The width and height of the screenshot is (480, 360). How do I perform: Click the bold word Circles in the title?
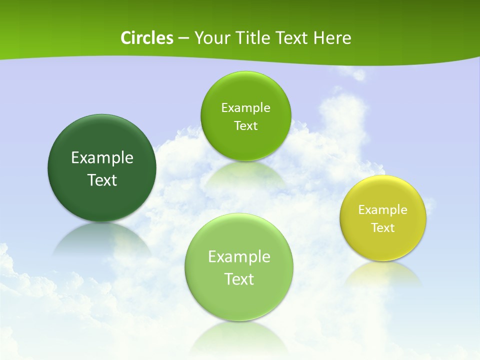coord(146,38)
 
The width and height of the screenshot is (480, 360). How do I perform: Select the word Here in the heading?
coord(332,38)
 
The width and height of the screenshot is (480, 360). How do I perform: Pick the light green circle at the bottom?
coord(239,300)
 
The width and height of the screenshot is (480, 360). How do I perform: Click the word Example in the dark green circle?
coord(102,158)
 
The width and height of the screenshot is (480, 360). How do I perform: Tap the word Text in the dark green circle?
coord(102,180)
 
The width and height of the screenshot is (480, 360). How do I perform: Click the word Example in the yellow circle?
coord(383,210)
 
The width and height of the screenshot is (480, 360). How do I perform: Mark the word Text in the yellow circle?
coord(383,228)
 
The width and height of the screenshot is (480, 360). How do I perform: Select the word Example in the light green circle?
coord(239,257)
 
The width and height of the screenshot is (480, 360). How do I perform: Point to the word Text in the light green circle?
coord(239,279)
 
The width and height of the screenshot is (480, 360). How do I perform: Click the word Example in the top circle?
coord(245,108)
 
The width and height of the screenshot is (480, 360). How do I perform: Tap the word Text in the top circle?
coord(245,126)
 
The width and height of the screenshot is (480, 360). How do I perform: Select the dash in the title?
coord(182,38)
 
